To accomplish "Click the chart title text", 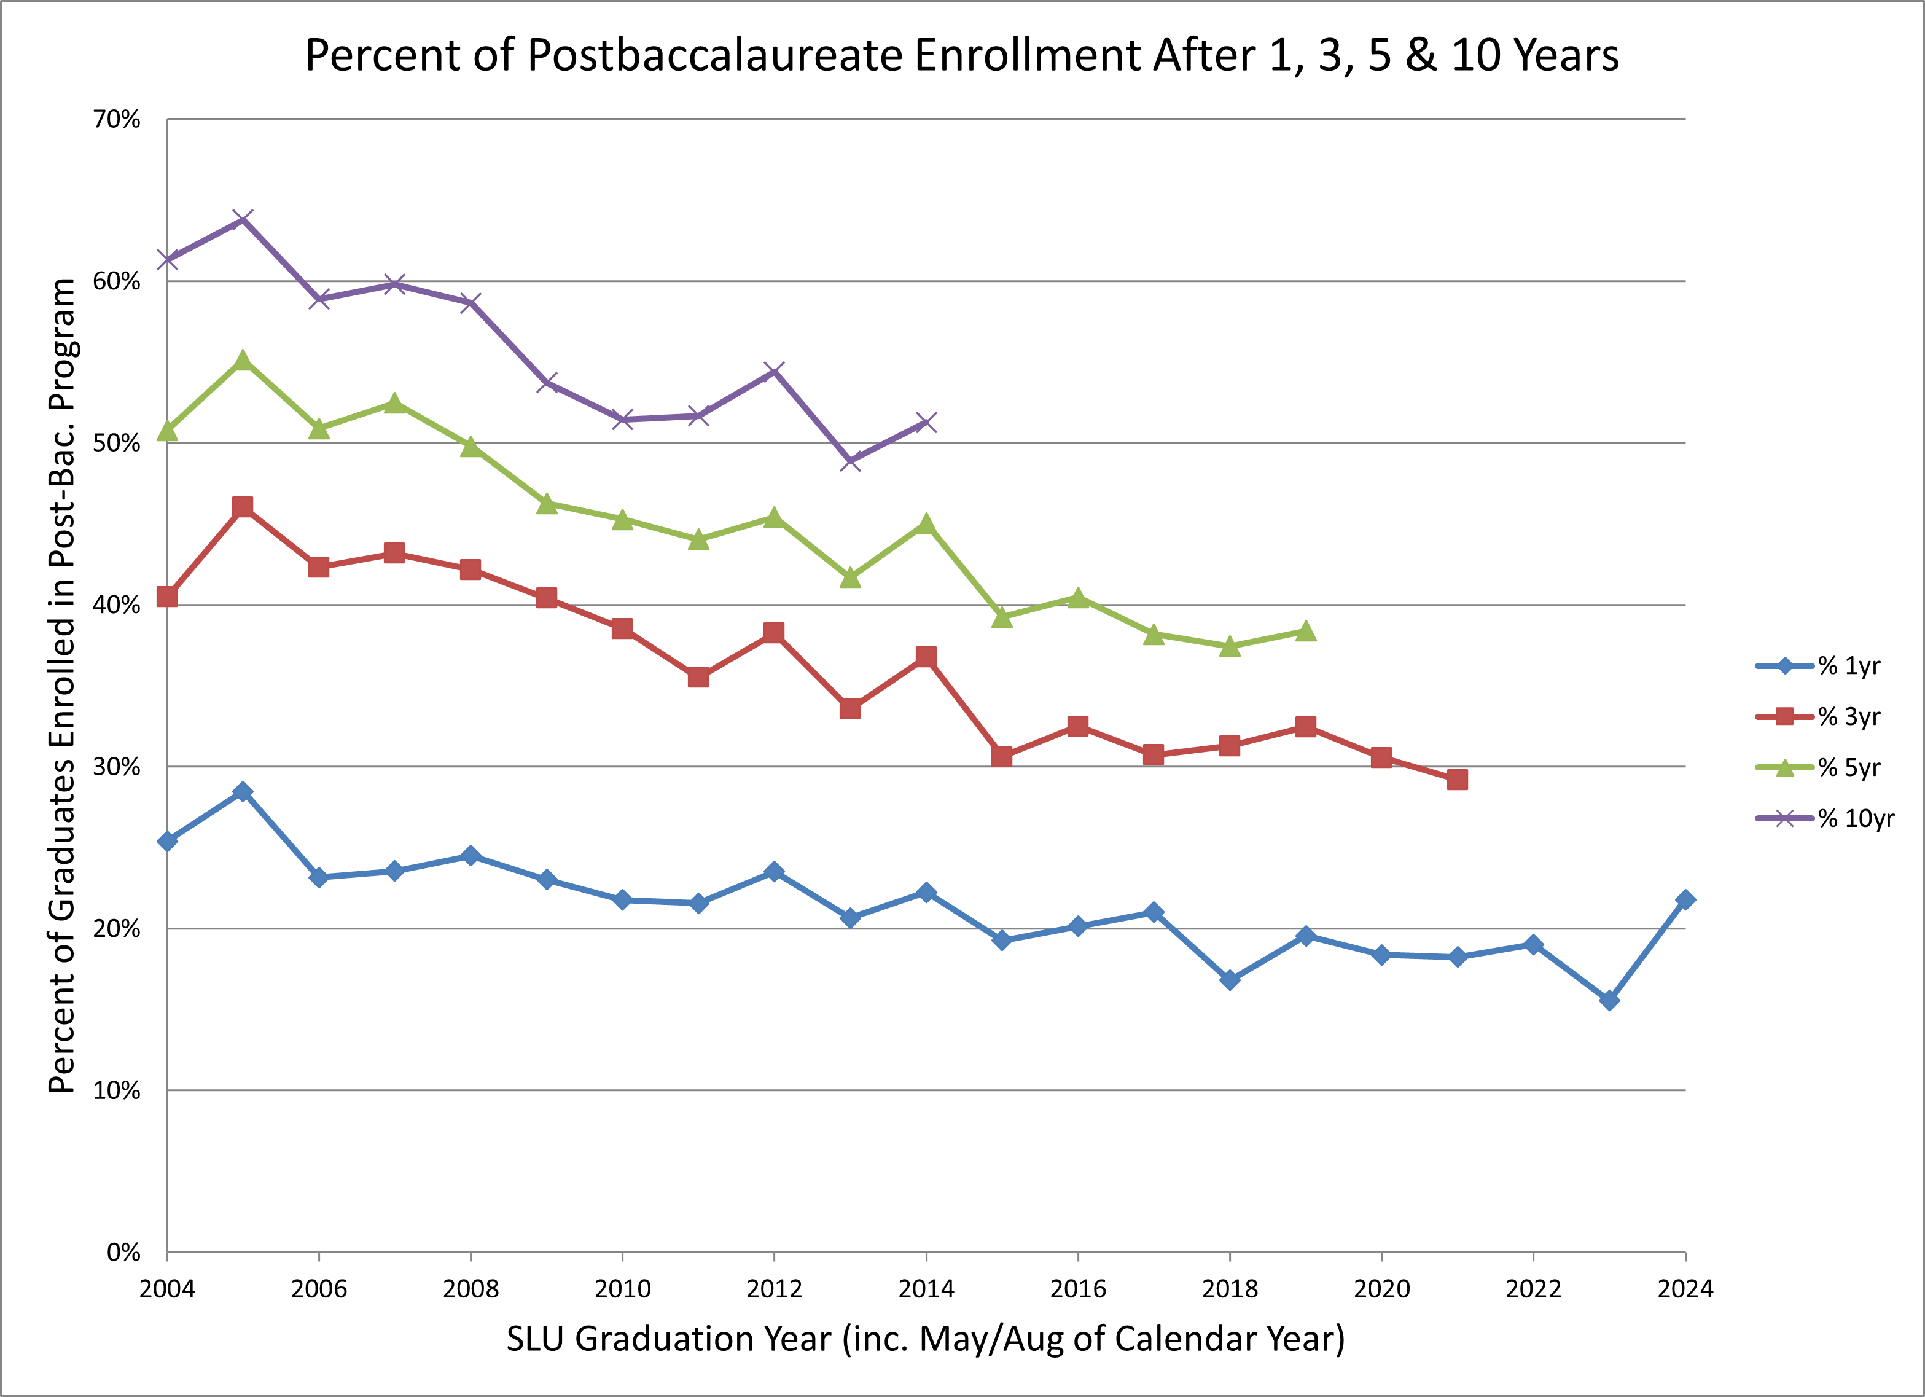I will [962, 55].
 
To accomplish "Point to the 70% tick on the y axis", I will [116, 120].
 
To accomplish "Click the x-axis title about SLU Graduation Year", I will [925, 1339].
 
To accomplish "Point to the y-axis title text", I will [62, 685].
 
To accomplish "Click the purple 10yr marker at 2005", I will [243, 220].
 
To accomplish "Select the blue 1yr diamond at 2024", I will [1685, 899].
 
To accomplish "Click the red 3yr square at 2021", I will [1458, 779].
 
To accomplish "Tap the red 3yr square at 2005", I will [243, 507].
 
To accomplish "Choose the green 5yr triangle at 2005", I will [243, 361].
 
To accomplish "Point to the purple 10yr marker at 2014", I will [926, 422].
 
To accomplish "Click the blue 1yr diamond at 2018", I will [1230, 979].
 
